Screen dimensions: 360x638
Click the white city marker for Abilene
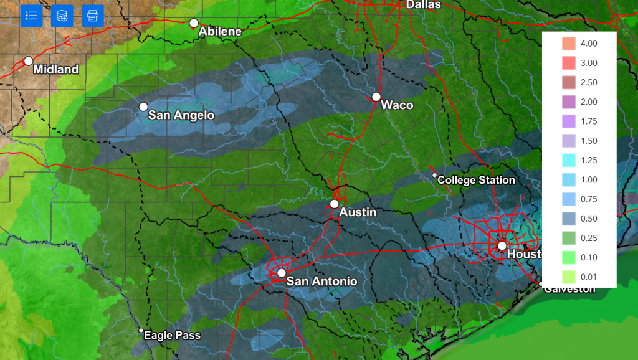[x=194, y=23]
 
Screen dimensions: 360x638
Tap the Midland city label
[x=56, y=69]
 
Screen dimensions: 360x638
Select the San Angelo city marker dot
[x=143, y=107]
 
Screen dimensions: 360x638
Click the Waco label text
[x=397, y=105]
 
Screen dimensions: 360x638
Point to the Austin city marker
[x=335, y=204]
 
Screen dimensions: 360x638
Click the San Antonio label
[x=321, y=282]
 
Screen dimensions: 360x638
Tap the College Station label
[x=476, y=180]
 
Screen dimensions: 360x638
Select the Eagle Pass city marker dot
[x=141, y=331]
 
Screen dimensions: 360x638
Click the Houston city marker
[x=502, y=245]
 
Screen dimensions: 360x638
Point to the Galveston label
[x=569, y=289]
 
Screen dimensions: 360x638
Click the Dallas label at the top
[x=423, y=5]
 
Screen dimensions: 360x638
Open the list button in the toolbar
[x=31, y=16]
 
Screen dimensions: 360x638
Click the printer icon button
[x=93, y=16]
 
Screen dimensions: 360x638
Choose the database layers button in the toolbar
[x=62, y=16]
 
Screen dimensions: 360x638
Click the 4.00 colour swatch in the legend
[x=568, y=44]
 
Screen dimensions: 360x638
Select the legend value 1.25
[x=589, y=160]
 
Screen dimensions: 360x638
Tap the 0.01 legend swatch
[x=568, y=277]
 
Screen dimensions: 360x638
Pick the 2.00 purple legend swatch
[x=568, y=102]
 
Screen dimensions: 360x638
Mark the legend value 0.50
[x=589, y=219]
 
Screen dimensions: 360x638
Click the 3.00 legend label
[x=589, y=63]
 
